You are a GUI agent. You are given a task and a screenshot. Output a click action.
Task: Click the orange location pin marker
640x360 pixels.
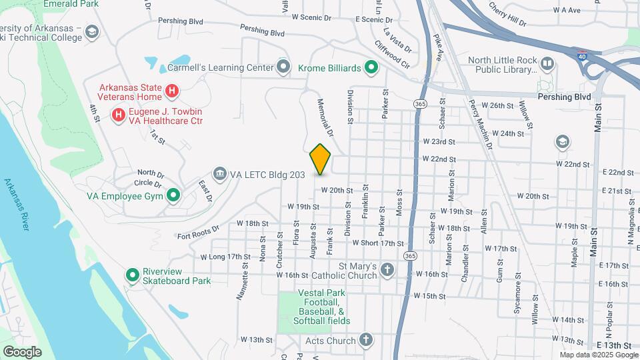pos(320,159)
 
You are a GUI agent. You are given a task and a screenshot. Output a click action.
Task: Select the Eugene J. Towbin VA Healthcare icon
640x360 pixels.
pos(119,115)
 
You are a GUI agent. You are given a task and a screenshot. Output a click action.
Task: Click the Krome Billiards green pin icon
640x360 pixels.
pos(372,67)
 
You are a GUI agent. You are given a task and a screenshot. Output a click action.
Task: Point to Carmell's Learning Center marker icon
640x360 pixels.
pos(285,67)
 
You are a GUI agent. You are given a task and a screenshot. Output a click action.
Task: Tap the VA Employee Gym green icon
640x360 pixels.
pos(173,196)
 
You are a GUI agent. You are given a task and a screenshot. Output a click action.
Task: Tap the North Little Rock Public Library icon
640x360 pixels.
pos(547,64)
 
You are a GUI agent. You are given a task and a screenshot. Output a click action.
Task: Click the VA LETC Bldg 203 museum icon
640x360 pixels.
pos(220,175)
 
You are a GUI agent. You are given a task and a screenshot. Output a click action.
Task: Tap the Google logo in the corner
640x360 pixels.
pos(22,352)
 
